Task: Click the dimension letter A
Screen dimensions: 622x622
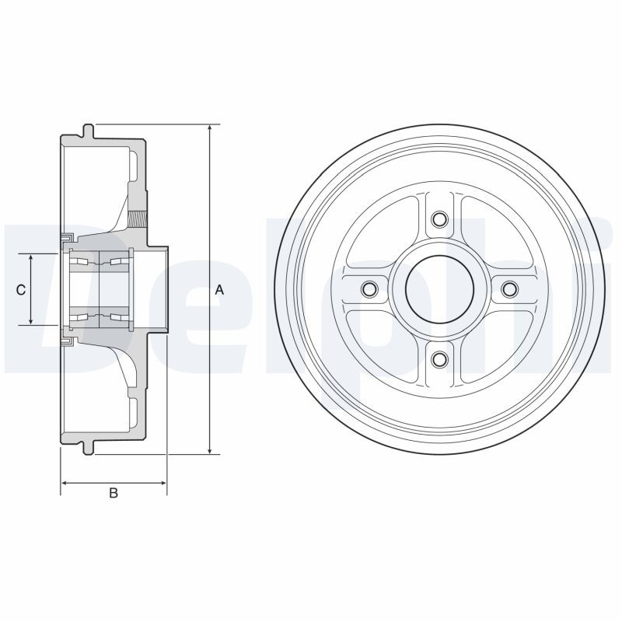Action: [219, 289]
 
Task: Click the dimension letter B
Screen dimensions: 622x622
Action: [114, 493]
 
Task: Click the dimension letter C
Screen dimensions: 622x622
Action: [22, 289]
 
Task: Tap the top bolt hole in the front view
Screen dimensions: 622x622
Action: [439, 220]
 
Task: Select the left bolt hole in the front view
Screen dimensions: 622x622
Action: [370, 289]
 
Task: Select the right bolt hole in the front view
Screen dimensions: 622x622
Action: [508, 289]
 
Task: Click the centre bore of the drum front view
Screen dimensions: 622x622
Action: [439, 289]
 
